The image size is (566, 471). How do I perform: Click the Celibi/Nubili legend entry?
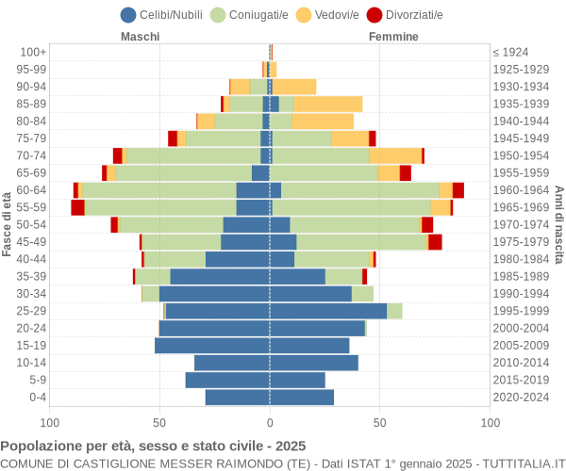point(161,15)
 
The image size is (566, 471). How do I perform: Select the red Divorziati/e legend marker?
point(375,15)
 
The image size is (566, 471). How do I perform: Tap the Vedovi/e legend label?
point(337,15)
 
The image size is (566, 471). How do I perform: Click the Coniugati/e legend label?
point(258,15)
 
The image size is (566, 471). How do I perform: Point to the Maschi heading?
point(140,37)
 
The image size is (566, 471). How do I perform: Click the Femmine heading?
point(393,37)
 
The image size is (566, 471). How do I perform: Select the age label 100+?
point(33,52)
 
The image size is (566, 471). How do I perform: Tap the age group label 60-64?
point(31,190)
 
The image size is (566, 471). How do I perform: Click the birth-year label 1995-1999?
point(521,311)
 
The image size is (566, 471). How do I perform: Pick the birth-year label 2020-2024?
point(521,398)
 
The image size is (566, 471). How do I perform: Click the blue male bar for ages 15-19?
point(212,345)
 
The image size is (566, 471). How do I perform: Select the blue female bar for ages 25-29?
point(328,311)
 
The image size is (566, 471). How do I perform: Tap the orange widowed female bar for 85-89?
point(328,104)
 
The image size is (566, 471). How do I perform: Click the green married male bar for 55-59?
point(160,207)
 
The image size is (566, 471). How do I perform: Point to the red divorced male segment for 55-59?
point(77,207)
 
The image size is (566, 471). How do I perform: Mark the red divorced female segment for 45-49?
point(435,242)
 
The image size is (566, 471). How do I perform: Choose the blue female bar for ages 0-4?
point(302,398)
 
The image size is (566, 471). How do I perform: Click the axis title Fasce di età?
point(7,224)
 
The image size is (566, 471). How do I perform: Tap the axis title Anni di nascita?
point(559,225)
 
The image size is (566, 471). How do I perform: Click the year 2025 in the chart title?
point(291,447)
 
